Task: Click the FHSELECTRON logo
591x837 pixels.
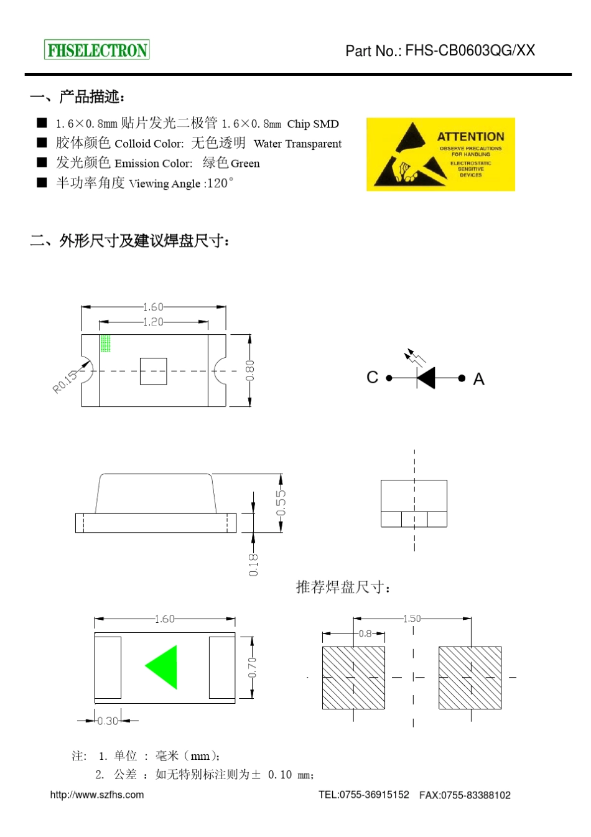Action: click(x=97, y=50)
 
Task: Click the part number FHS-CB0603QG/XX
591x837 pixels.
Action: click(x=470, y=50)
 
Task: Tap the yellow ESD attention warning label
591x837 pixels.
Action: click(x=440, y=154)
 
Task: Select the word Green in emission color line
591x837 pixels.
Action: click(x=245, y=164)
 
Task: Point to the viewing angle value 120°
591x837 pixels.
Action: click(x=220, y=183)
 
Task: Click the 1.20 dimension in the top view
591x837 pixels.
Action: click(x=153, y=322)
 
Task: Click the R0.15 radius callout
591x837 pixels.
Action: click(x=65, y=381)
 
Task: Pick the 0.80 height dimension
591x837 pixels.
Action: click(x=249, y=370)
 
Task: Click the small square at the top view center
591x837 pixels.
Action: click(x=153, y=371)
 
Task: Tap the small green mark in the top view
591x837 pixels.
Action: click(x=106, y=344)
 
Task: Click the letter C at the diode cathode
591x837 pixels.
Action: click(x=372, y=377)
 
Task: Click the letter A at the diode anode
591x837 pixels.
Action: click(x=478, y=379)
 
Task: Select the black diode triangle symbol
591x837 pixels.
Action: click(x=427, y=378)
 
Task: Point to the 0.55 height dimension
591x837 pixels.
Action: click(x=281, y=503)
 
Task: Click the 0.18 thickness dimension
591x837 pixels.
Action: click(x=253, y=564)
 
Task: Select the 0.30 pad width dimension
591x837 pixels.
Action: click(x=108, y=721)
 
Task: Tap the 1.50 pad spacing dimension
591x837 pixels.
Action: click(x=412, y=619)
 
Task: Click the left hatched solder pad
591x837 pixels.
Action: click(x=353, y=678)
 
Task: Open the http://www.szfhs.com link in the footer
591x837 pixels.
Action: click(x=97, y=795)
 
